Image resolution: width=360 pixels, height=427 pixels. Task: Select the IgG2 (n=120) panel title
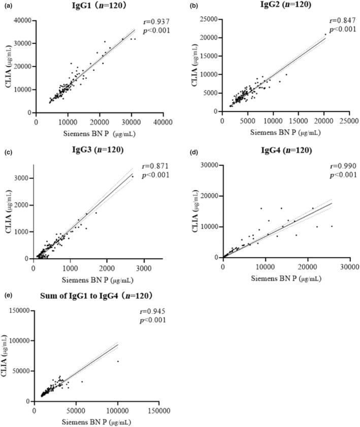click(x=280, y=5)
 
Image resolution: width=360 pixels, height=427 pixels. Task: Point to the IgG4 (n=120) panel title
click(x=279, y=151)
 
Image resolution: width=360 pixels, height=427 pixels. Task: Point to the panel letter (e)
click(x=7, y=295)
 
